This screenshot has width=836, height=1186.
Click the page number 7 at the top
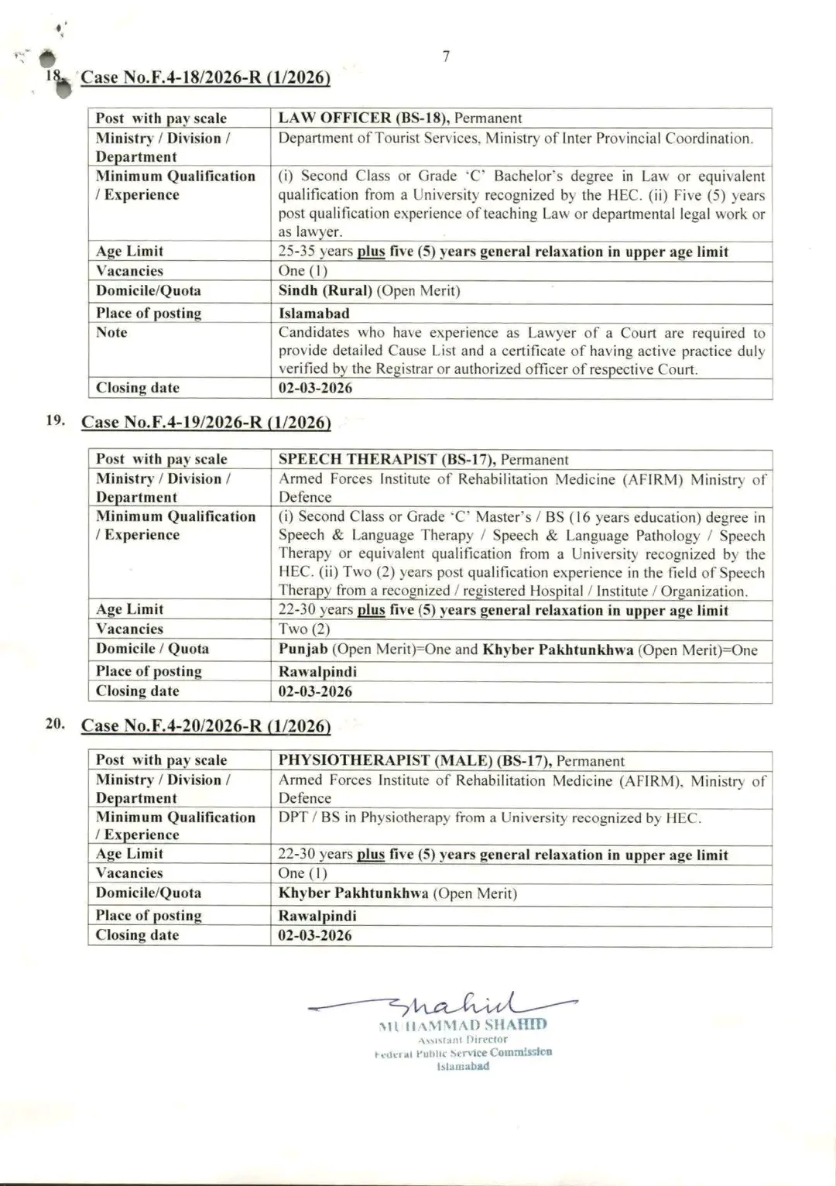point(446,57)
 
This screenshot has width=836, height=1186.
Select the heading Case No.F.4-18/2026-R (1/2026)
point(205,77)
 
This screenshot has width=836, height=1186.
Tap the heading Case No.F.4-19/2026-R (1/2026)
point(205,422)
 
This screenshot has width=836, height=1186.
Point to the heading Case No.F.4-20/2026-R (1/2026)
point(205,725)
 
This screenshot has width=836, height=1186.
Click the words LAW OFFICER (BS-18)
point(364,118)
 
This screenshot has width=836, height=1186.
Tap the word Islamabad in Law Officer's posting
point(313,314)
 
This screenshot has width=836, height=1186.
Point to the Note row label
point(111,332)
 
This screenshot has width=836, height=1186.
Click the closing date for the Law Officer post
point(315,388)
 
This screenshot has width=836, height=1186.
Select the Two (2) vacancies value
point(303,629)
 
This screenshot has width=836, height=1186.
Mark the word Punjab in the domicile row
point(303,650)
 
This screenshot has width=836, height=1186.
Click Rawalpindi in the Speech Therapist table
point(317,672)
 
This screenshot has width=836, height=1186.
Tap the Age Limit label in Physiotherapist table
point(129,854)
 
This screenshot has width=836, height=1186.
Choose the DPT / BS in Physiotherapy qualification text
point(489,818)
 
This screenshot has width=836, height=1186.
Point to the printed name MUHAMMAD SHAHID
point(463,1025)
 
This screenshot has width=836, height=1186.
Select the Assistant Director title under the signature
point(463,1040)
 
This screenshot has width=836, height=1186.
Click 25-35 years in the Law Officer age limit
point(315,252)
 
